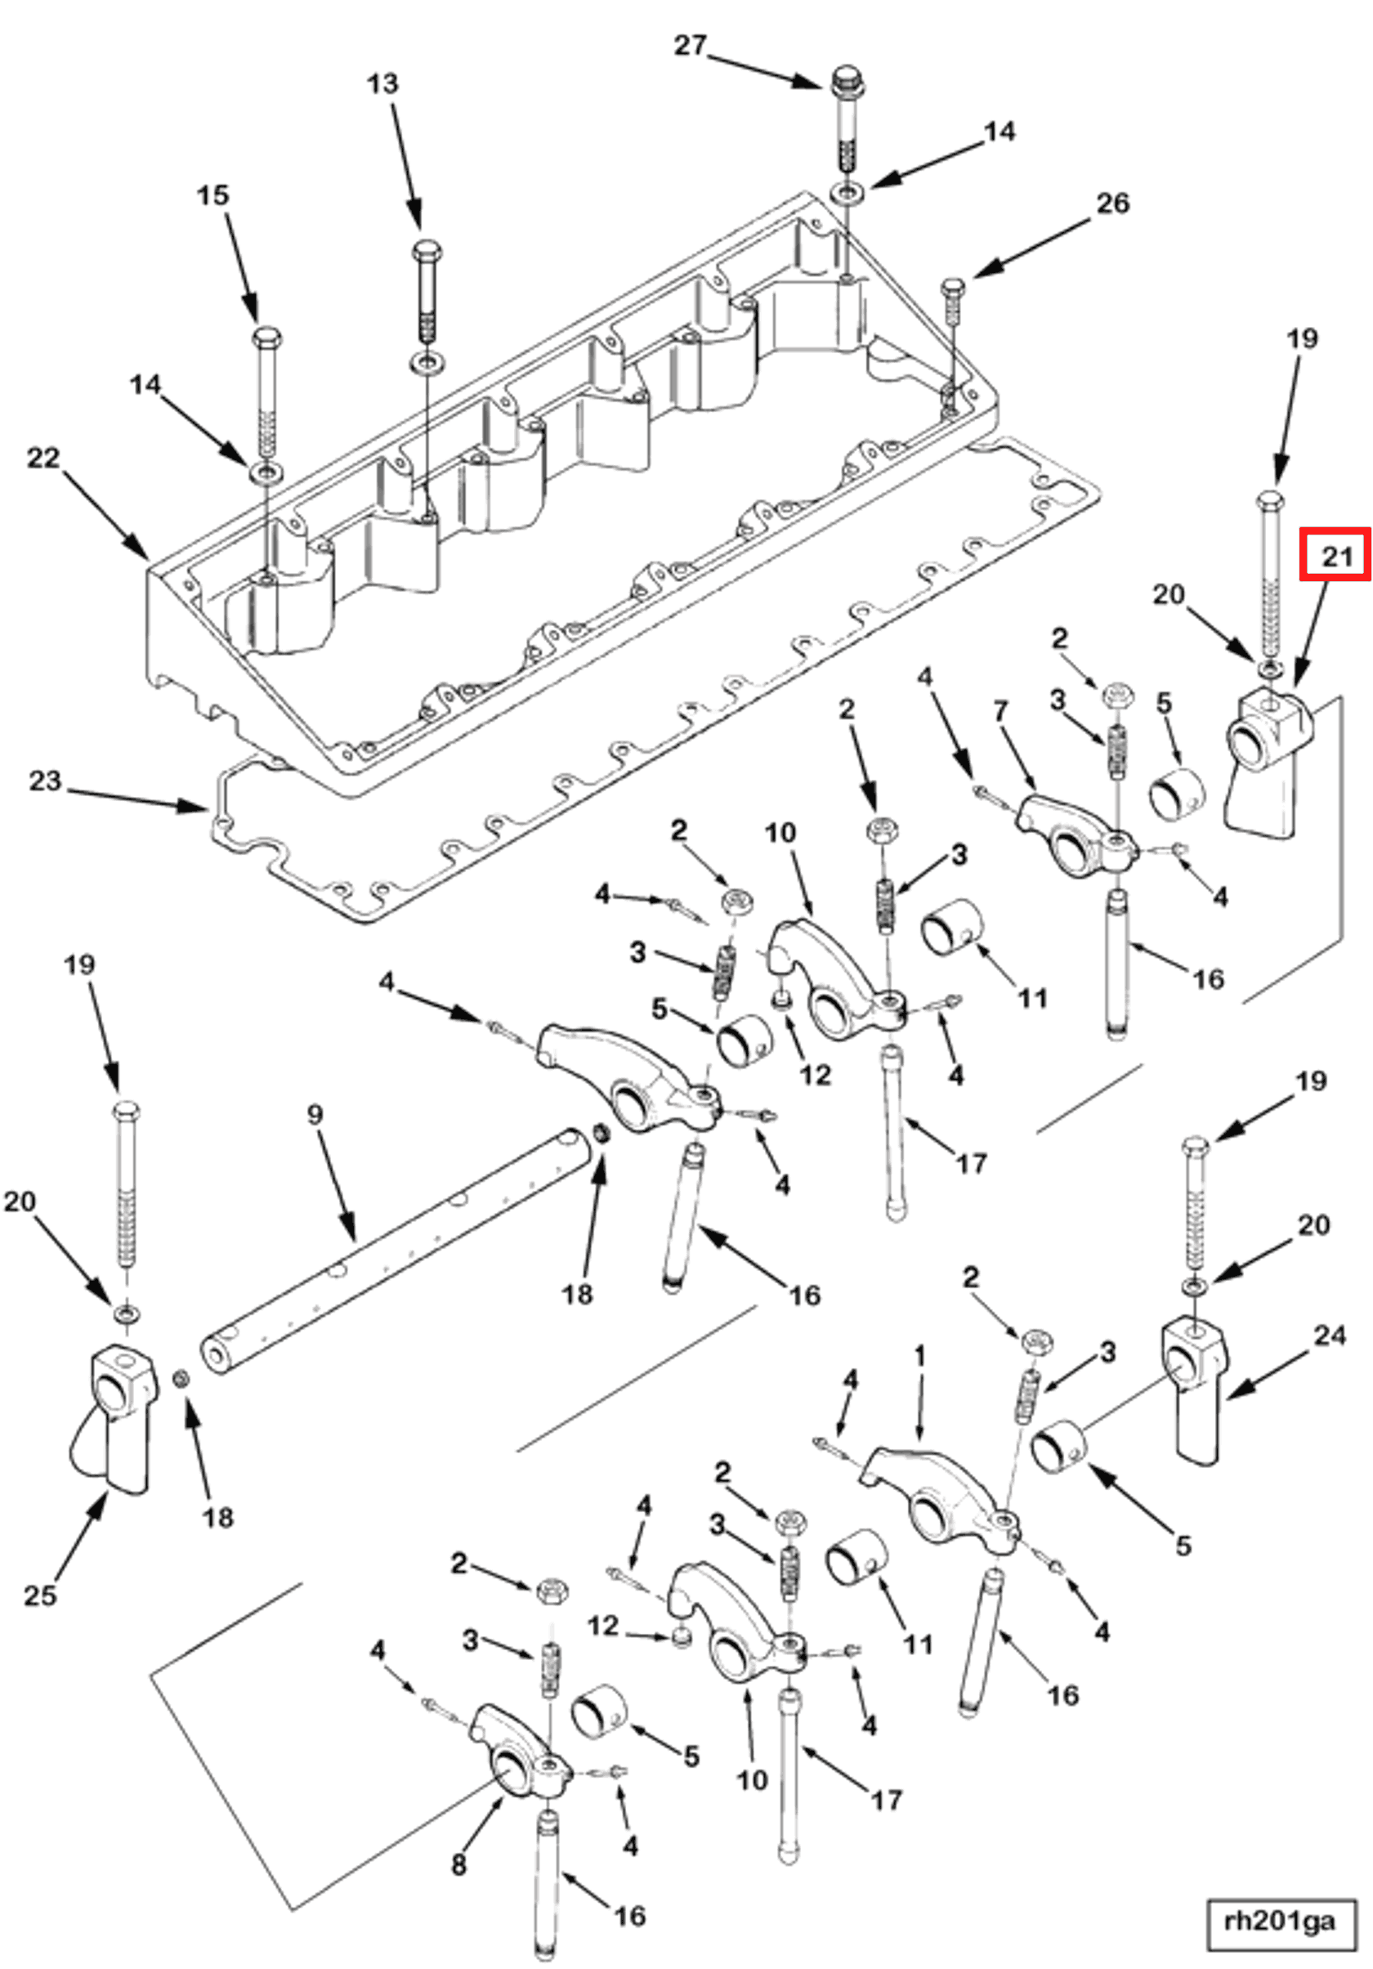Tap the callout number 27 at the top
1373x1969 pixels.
690,46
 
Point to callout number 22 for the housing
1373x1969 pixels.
42,458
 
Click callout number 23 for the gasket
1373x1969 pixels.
46,781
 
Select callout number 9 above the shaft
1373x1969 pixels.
315,1115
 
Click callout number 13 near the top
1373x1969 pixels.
382,84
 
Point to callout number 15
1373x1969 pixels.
212,195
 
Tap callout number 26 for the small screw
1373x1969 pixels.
1113,204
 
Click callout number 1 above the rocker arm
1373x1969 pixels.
920,1356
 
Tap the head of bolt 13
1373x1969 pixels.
427,252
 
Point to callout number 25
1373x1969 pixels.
39,1595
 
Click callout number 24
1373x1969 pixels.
1329,1336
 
